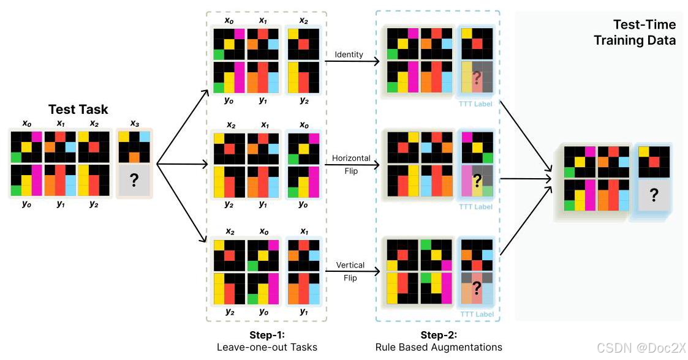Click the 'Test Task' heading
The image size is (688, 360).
tap(78, 110)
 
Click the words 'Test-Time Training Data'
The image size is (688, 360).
tap(645, 32)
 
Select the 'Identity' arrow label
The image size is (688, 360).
tap(349, 54)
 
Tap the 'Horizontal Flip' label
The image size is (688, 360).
tap(351, 163)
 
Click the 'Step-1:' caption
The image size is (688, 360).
tap(267, 335)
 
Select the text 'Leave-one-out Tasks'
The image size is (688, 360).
tap(267, 347)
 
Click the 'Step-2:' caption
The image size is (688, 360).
tap(439, 335)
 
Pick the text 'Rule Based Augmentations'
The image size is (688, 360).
tap(439, 347)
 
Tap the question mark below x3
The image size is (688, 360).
tap(134, 181)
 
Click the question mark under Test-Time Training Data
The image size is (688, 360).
tap(654, 195)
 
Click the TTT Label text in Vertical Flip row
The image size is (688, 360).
tap(476, 315)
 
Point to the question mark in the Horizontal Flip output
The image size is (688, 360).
tap(477, 179)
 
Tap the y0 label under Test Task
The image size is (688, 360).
tap(26, 204)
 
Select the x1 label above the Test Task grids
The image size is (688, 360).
tap(61, 124)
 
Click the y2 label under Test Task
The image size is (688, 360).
tap(94, 204)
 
